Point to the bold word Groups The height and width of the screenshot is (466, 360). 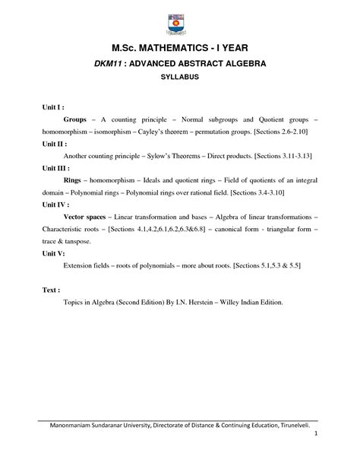74,120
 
